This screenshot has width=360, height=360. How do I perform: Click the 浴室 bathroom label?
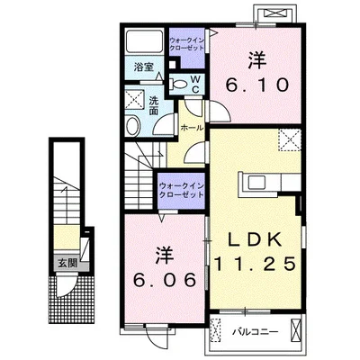point(144,67)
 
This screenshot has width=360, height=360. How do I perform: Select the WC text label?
point(195,84)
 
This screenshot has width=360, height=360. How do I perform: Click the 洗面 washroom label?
point(153,105)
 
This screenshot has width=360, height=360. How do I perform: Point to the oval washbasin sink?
point(132,126)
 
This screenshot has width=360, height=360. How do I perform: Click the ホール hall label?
point(192,128)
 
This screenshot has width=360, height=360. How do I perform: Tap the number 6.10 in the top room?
point(257,85)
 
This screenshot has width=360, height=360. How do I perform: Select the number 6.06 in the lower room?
point(165,280)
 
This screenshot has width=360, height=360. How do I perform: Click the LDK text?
point(256,239)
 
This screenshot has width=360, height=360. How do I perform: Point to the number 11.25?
point(256,264)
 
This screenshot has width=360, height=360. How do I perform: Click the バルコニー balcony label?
point(256,332)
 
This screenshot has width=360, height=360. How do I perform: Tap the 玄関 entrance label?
point(67,264)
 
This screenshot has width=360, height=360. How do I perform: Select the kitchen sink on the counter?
point(256,182)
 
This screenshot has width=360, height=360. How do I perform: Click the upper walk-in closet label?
point(186,44)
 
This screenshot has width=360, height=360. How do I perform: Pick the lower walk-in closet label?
point(182,191)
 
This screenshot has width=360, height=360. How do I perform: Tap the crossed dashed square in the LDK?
point(290,139)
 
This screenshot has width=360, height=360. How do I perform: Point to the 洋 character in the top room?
point(257,59)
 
